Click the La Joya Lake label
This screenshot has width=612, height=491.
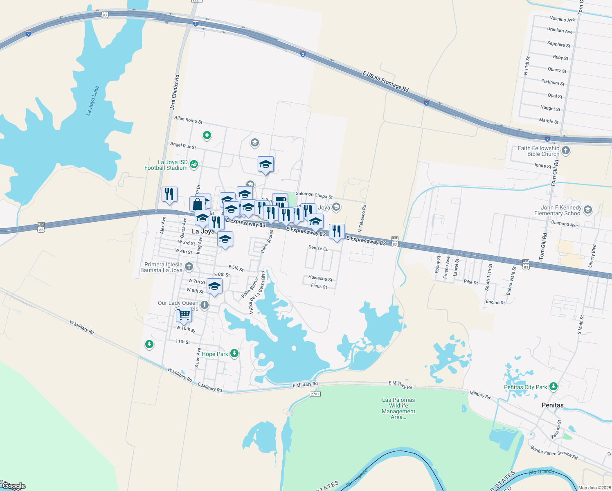[x=92, y=101]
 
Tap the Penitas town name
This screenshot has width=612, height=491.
[x=552, y=405]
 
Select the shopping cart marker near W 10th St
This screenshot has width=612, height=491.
[x=184, y=315]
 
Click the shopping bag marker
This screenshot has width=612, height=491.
[x=197, y=204]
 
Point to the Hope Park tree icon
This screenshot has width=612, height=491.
[x=234, y=353]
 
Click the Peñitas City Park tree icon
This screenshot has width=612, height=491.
[x=553, y=386]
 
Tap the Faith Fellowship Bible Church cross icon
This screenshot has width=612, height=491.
[x=566, y=151]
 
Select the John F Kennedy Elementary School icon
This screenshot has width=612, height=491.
[x=588, y=210]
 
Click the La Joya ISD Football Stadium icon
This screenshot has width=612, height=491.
[x=194, y=164]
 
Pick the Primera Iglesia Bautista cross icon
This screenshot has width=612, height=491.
[x=189, y=267]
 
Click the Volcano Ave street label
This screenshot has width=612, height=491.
[x=562, y=19]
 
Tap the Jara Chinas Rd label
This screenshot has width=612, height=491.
[x=175, y=92]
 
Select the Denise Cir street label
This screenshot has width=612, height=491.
[x=319, y=248]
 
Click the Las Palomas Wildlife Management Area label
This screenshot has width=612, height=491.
[x=398, y=408]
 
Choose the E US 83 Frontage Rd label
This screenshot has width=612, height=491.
[x=385, y=81]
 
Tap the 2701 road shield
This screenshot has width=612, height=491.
[x=315, y=394]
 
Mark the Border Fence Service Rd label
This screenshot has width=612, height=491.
[x=554, y=452]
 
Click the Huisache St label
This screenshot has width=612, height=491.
[x=320, y=279]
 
